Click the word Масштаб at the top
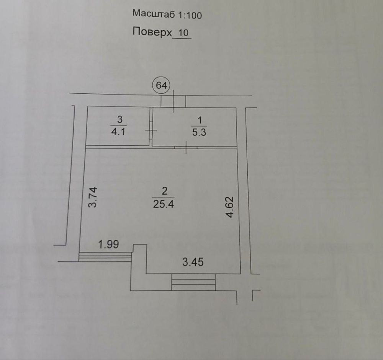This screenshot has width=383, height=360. tap(154, 14)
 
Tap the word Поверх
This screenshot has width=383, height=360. tap(152, 32)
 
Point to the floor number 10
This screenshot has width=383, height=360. tap(183, 33)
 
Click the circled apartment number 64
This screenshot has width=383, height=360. tap(162, 85)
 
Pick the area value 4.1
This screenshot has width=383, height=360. tap(118, 132)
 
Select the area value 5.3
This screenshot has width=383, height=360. tap(199, 132)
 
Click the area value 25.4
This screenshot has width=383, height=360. tap(164, 204)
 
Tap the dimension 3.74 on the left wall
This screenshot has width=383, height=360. tap(93, 197)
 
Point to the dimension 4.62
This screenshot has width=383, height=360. tap(230, 207)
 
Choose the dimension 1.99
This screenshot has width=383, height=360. tap(108, 244)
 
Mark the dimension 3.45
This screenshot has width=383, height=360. tap(193, 262)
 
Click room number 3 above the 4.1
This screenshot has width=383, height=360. tap(119, 120)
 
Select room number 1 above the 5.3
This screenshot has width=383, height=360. tap(200, 121)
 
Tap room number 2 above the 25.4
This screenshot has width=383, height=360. tap(164, 191)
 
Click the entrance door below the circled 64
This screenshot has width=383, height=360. tap(173, 101)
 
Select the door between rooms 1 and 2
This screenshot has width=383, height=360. tap(186, 147)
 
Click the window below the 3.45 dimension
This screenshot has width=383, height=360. tap(193, 282)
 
